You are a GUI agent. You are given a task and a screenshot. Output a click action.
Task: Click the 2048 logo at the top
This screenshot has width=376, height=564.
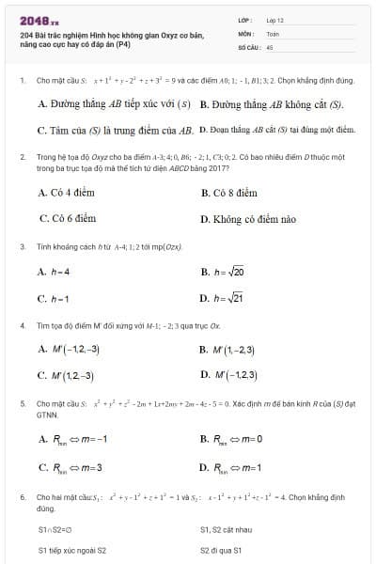pos(39,19)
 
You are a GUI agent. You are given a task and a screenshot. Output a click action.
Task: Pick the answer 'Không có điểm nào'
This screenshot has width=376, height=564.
pos(247,219)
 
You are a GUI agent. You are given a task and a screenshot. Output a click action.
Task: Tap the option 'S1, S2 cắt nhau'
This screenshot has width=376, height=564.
pos(226,529)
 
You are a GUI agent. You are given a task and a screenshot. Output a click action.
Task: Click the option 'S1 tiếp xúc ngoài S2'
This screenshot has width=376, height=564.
pos(72,550)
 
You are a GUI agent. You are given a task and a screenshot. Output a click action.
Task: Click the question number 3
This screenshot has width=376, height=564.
pos(22,246)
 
